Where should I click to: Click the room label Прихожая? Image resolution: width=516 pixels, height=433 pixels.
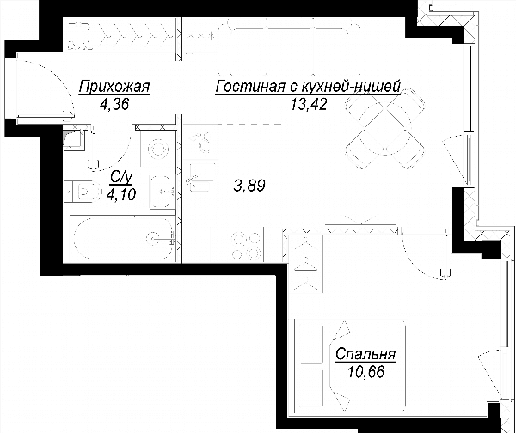coord(114,87)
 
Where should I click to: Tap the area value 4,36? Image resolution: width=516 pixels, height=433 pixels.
coord(114,104)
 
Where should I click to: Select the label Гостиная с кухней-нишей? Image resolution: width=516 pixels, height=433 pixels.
coord(308,87)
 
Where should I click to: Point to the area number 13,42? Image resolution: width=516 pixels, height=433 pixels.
coord(309,104)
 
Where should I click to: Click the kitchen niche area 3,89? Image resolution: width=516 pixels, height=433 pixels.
coord(249,186)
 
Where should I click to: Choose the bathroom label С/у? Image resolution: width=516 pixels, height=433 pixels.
coord(121,178)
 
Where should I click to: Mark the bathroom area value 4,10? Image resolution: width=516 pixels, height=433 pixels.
coord(121,195)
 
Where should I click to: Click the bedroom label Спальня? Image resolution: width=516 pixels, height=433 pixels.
coord(365,355)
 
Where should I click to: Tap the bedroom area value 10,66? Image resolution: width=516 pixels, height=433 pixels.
coord(365,372)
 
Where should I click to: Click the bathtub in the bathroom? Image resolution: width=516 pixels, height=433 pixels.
coord(124,239)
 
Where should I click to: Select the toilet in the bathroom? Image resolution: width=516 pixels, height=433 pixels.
coord(83,191)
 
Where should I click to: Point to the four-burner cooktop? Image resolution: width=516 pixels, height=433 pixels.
coord(247,245)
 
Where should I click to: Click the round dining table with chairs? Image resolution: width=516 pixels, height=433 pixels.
coord(384,129)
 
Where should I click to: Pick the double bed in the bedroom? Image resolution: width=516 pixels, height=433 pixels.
coord(350,365)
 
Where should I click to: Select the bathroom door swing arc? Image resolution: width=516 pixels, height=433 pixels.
coord(122,154)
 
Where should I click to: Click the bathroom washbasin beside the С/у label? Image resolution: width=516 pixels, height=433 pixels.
coord(163,192)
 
